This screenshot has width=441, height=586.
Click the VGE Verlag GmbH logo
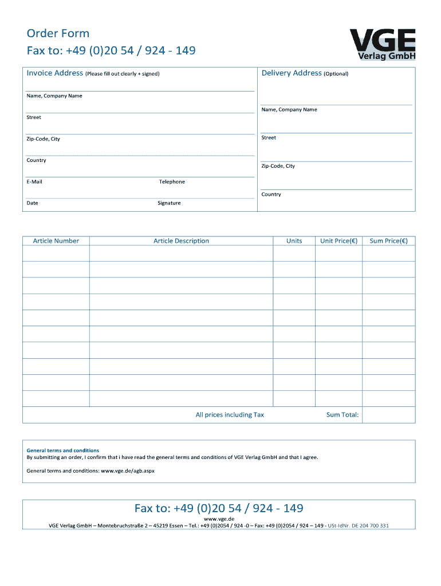tap(382, 43)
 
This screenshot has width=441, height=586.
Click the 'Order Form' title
tap(58, 33)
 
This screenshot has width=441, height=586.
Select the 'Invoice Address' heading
tap(55, 73)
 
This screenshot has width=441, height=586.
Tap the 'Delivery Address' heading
tap(292, 73)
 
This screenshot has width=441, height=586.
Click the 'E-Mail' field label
tap(34, 182)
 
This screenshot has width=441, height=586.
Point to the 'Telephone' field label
tap(172, 182)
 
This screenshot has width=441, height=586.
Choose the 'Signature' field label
tap(169, 203)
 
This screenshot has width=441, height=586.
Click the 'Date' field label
tap(33, 203)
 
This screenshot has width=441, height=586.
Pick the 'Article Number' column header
tap(56, 241)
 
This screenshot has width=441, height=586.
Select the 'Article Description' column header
tap(181, 241)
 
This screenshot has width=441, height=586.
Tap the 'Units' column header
tap(294, 241)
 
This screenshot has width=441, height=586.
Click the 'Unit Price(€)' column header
tap(338, 241)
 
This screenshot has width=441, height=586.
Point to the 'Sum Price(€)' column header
tap(389, 241)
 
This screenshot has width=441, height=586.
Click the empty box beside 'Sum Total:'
tap(389, 415)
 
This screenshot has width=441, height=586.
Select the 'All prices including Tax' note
tap(230, 415)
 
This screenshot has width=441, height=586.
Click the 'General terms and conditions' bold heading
tap(63, 450)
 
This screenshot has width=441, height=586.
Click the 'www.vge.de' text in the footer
tap(219, 518)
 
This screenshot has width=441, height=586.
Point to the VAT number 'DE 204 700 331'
tap(369, 525)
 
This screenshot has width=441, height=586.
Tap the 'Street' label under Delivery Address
tap(269, 138)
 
